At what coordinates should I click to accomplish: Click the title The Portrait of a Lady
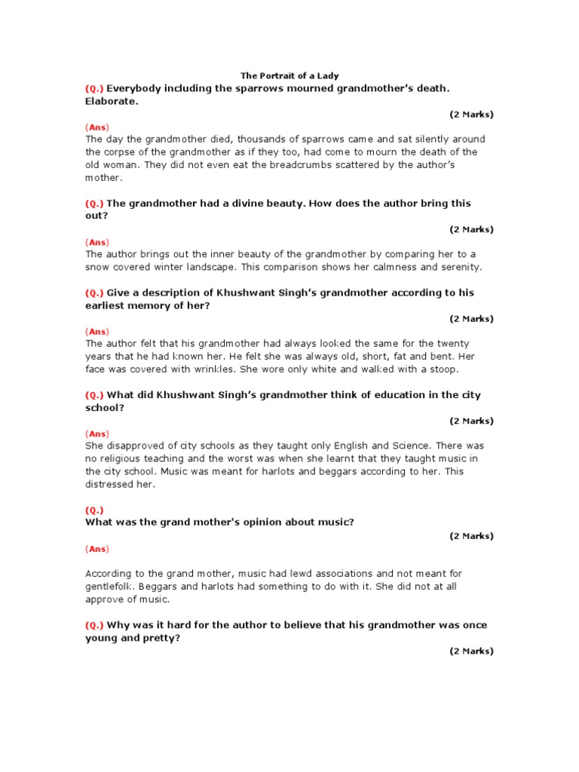(289, 75)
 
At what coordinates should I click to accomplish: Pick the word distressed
(109, 484)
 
